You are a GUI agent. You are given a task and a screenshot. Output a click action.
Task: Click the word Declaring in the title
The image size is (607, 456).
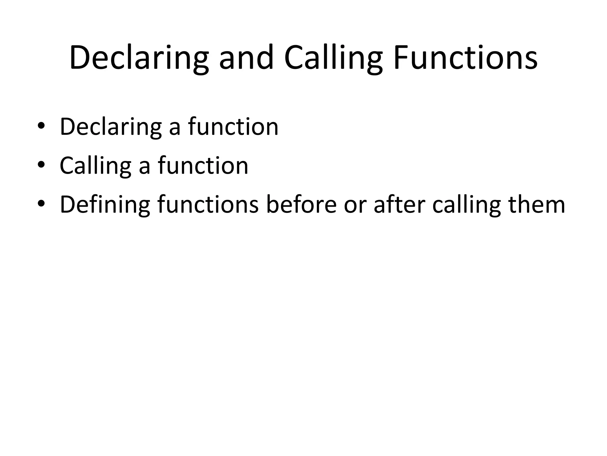[139, 58]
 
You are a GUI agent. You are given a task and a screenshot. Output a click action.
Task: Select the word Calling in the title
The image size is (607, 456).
[333, 58]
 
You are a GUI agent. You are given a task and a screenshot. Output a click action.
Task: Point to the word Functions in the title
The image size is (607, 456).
[465, 58]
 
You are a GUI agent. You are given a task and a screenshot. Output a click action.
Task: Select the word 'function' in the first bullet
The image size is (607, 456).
[233, 126]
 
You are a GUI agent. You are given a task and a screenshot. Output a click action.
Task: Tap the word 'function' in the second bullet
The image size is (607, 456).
[203, 165]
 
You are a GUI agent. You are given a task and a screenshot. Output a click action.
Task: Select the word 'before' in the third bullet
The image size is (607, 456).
[301, 204]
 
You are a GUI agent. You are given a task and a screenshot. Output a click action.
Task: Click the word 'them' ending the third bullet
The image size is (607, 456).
[537, 204]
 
